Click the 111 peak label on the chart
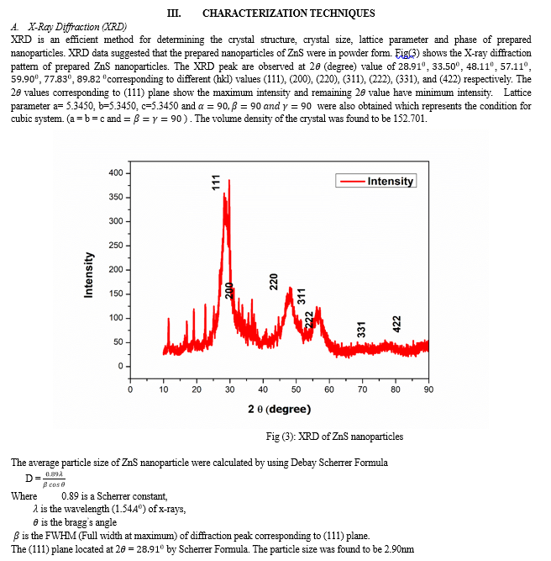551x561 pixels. [216, 183]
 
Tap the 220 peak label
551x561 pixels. [273, 282]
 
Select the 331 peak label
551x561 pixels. [362, 330]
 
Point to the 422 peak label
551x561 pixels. [396, 324]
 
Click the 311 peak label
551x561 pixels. [302, 296]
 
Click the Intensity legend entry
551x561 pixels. [376, 181]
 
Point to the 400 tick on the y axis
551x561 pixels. [116, 172]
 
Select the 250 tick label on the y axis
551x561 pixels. [116, 246]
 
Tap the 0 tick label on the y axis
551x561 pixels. [120, 366]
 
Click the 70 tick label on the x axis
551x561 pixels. [362, 389]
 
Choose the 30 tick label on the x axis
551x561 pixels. [230, 389]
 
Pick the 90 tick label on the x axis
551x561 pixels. [428, 389]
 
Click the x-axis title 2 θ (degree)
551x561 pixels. [280, 409]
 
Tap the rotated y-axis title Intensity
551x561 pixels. [88, 275]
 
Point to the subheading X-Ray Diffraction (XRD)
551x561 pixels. [77, 27]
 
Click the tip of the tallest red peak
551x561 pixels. [229, 180]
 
